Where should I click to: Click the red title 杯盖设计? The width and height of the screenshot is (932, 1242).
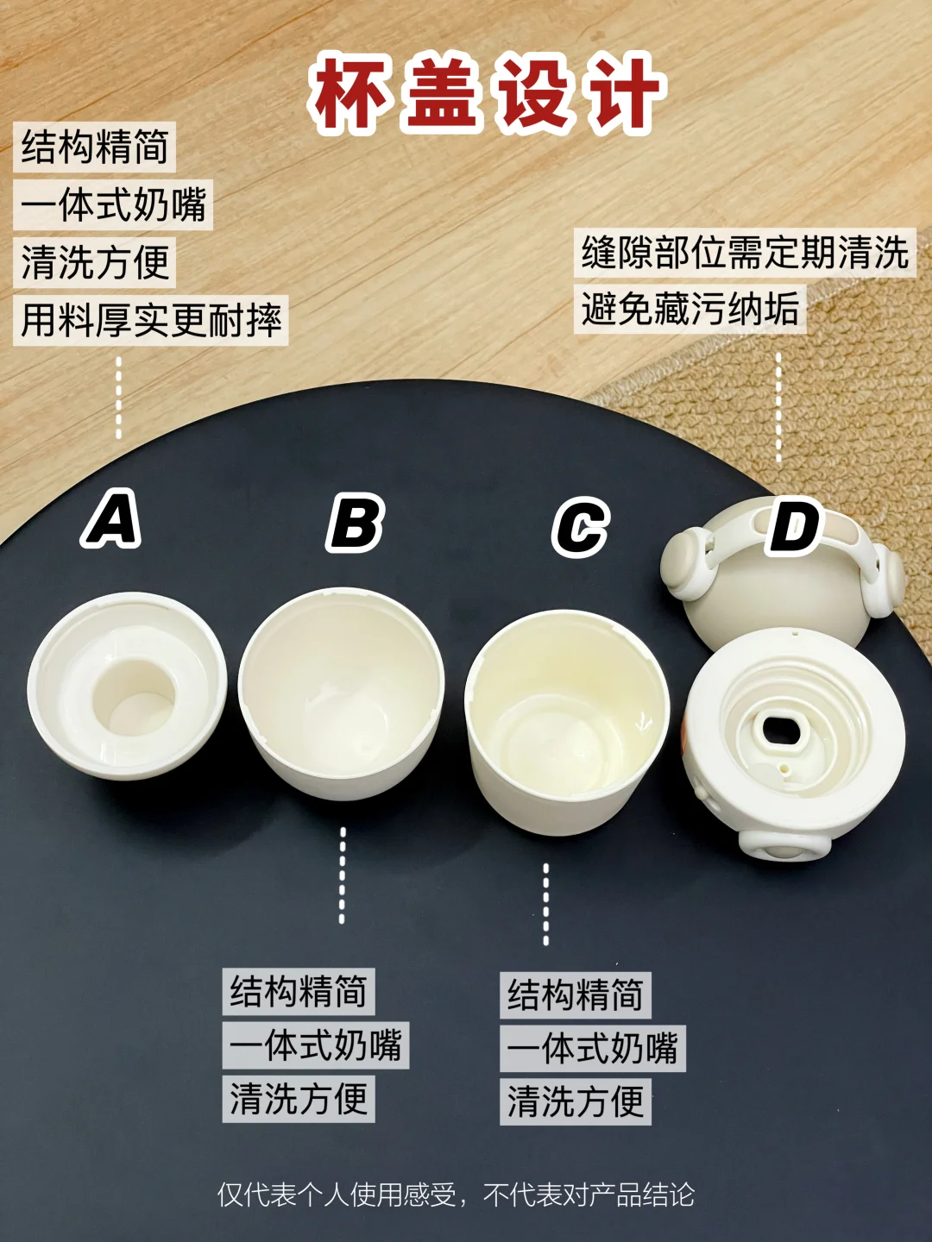487,93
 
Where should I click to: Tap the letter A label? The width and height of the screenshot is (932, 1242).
111,519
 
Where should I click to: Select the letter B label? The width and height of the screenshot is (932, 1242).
356,523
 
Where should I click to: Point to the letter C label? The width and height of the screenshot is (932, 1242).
581,527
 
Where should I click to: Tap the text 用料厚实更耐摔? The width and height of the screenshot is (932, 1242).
151,320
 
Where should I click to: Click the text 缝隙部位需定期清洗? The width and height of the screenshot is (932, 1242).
745,253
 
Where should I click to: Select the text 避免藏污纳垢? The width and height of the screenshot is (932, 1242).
690,309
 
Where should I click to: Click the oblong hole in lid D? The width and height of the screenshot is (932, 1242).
782,731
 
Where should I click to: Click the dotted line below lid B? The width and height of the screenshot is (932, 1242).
343,875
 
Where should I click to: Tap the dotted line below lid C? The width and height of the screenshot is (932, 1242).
546,904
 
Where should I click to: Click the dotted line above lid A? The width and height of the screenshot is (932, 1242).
118,398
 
